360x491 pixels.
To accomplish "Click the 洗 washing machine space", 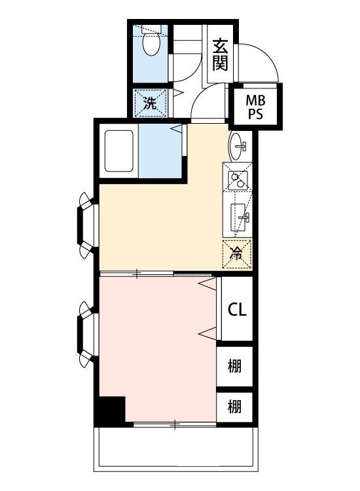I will (151, 102).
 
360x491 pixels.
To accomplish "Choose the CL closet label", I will (237, 310).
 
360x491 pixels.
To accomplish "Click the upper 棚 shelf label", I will (235, 365).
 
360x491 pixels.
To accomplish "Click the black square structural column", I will (110, 410).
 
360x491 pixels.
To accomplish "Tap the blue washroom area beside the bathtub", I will (161, 152).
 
